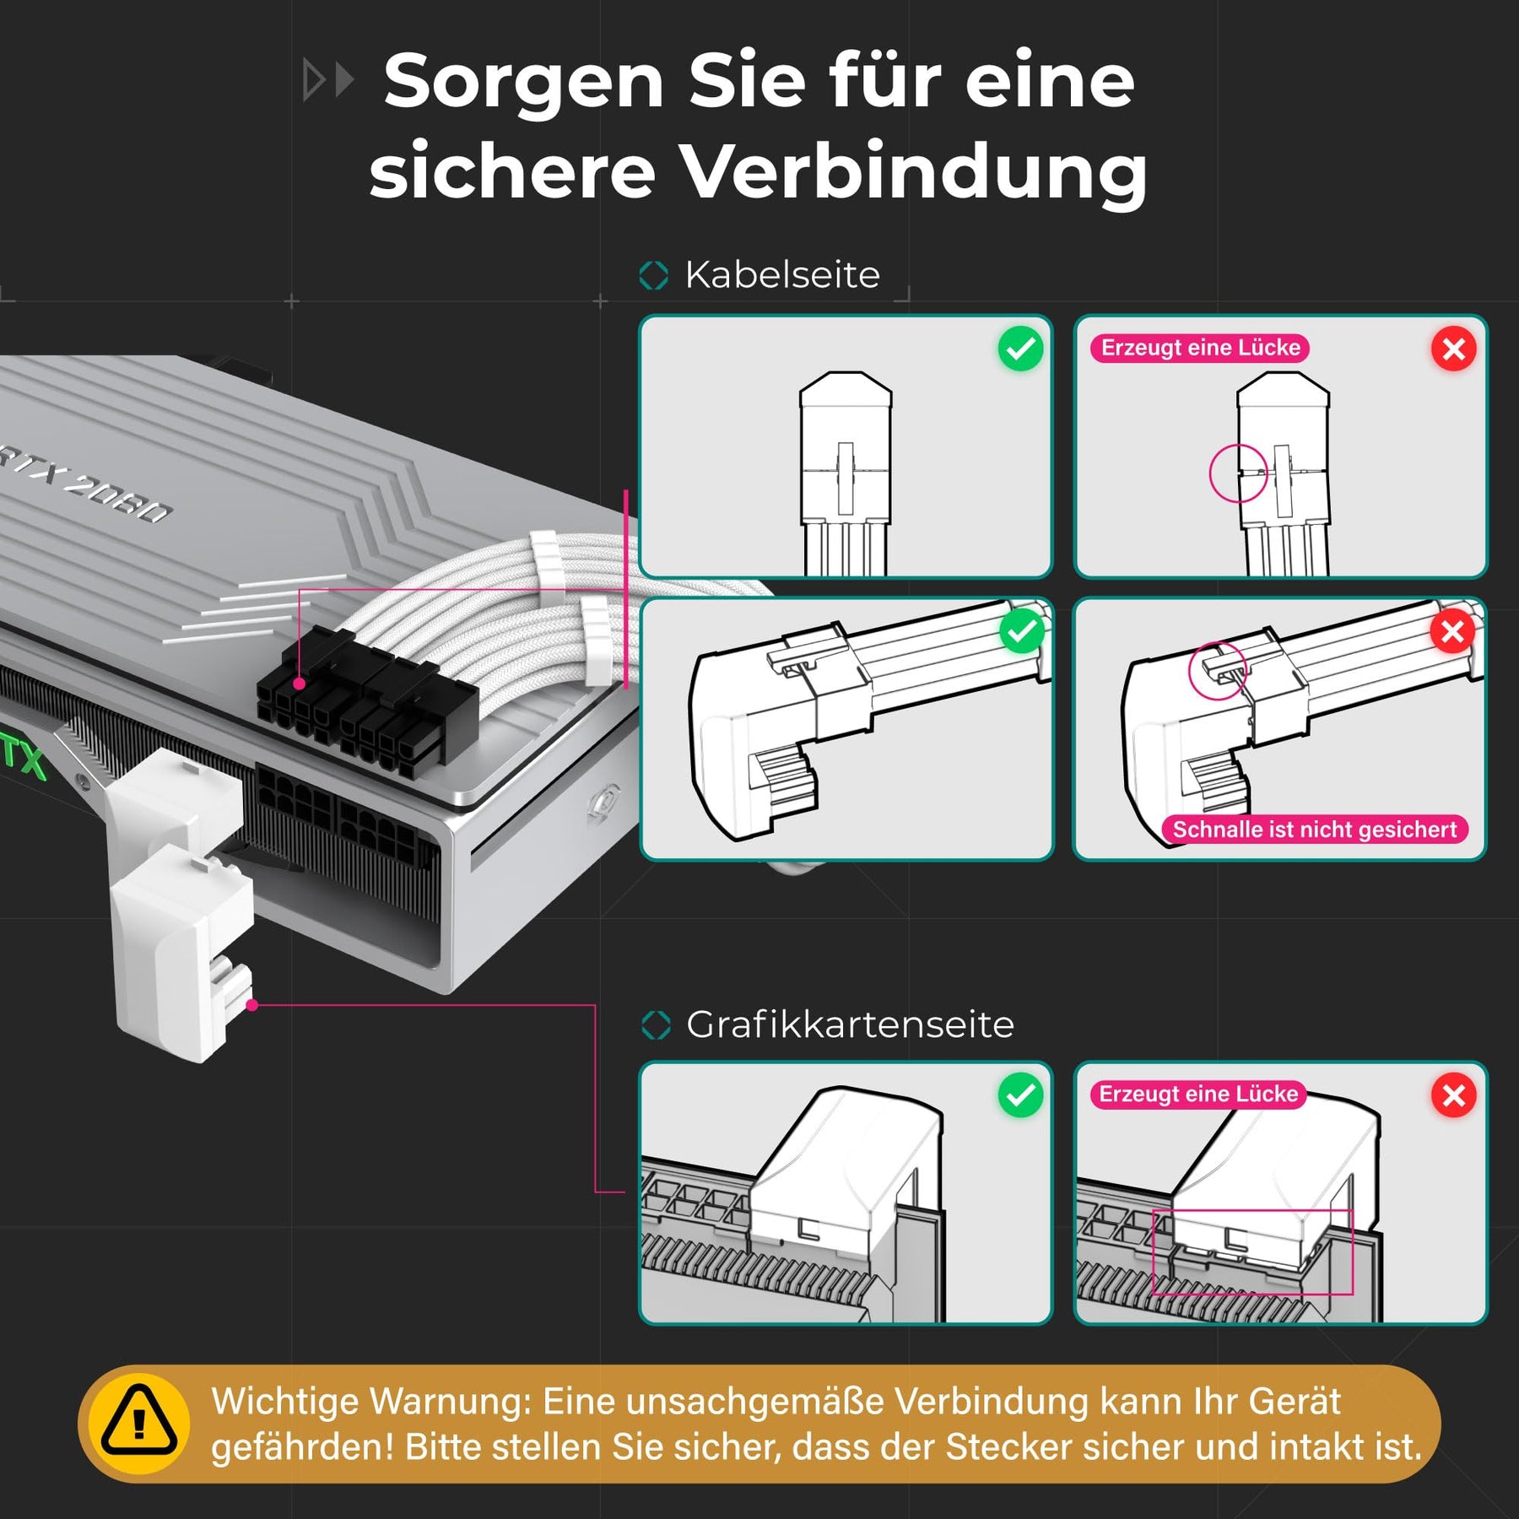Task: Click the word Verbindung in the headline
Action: tap(914, 170)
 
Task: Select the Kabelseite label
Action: tap(782, 274)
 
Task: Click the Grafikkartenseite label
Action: tap(850, 1024)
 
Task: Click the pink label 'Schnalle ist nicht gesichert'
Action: tap(1315, 830)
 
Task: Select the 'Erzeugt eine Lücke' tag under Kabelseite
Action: tap(1200, 348)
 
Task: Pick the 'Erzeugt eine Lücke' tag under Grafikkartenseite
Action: tap(1198, 1094)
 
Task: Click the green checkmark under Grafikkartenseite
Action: tap(1020, 1095)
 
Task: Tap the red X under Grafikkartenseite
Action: tap(1453, 1095)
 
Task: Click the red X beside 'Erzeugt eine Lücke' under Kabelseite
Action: tap(1453, 349)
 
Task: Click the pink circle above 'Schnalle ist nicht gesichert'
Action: tap(1217, 670)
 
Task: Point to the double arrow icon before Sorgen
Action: tap(327, 81)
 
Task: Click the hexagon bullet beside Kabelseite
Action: tap(654, 275)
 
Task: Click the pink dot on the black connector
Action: tap(299, 684)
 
